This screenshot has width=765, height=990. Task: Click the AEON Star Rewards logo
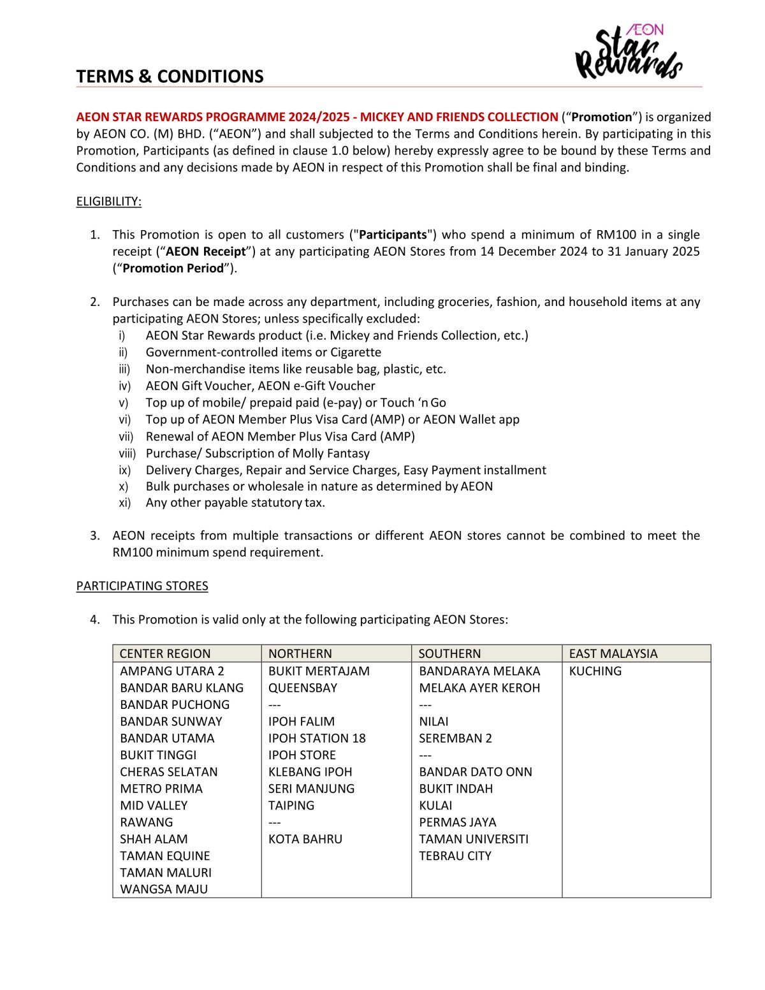click(628, 52)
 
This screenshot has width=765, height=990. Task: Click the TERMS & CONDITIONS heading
click(170, 76)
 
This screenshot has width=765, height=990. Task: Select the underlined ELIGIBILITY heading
click(108, 201)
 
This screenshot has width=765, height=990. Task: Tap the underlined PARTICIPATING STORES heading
click(142, 586)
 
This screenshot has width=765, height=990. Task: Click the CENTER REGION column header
click(165, 653)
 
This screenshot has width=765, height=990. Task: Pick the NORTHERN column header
click(300, 653)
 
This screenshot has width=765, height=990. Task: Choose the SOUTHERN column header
click(449, 653)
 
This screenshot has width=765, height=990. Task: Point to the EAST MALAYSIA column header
click(613, 653)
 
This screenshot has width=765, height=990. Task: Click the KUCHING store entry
click(595, 671)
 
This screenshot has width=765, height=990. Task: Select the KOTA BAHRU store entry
click(305, 839)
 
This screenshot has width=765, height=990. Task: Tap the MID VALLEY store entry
click(154, 806)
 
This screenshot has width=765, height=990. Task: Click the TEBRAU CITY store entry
click(455, 856)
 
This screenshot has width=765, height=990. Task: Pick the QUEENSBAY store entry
click(303, 688)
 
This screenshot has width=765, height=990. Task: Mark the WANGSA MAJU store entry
click(164, 889)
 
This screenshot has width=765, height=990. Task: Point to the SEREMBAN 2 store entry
click(455, 738)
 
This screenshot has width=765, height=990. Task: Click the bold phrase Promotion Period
click(173, 268)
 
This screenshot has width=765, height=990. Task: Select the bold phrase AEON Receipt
click(205, 252)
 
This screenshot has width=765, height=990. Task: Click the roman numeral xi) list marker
click(124, 503)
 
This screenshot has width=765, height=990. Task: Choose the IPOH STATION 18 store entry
click(317, 738)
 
